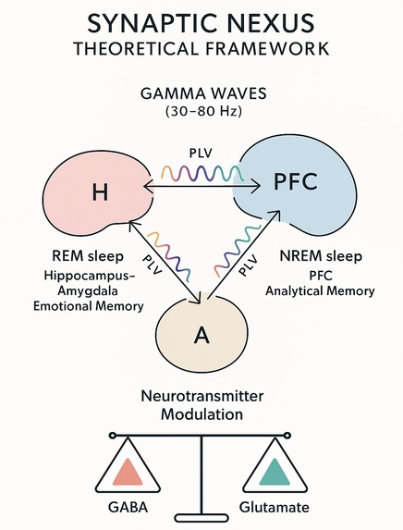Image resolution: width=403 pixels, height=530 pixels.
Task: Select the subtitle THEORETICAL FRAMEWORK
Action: (x=201, y=49)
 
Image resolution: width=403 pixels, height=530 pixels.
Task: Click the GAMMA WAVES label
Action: (x=201, y=95)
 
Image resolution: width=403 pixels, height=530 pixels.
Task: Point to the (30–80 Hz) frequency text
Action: (x=201, y=114)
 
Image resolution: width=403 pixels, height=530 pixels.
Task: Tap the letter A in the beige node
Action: (x=201, y=335)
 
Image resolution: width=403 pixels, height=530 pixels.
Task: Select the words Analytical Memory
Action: (x=319, y=290)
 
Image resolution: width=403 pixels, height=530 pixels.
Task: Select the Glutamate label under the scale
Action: (x=275, y=508)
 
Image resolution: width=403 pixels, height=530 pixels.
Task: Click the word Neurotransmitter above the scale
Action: (x=201, y=396)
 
